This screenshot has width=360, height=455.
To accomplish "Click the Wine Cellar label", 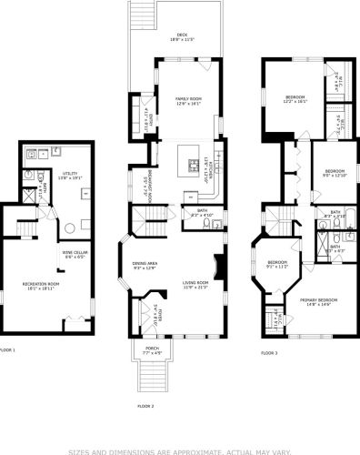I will (x=75, y=254).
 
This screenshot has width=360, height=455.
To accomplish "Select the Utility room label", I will (x=70, y=176).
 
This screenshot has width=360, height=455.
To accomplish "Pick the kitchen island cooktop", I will (x=193, y=165).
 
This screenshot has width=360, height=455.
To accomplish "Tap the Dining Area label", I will (x=145, y=265).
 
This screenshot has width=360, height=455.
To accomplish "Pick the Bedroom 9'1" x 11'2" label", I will (x=277, y=265).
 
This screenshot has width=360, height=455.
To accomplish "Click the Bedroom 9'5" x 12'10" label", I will (x=335, y=173).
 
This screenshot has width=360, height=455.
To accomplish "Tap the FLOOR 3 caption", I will (x=270, y=353).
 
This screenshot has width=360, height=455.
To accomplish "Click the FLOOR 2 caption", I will (x=145, y=406).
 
